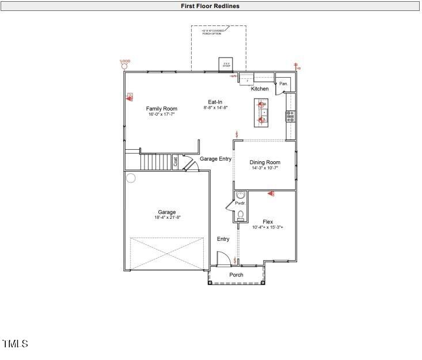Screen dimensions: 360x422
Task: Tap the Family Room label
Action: tap(161, 108)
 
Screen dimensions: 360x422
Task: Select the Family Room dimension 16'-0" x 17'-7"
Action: tap(161, 115)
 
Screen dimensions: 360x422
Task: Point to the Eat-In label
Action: tap(215, 102)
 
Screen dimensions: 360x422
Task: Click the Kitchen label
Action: tap(260, 89)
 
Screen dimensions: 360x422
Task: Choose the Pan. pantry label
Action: tap(283, 84)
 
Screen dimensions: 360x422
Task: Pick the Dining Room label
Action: tap(265, 162)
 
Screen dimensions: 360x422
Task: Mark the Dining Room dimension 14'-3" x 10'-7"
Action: tap(265, 168)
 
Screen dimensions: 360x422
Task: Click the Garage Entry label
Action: tap(215, 159)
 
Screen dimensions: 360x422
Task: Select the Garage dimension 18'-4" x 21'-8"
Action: tap(167, 218)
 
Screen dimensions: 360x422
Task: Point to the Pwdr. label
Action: tap(239, 203)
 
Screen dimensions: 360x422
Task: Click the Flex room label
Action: tap(268, 222)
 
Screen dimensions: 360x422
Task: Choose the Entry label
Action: tap(223, 239)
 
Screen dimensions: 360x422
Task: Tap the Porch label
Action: tap(236, 275)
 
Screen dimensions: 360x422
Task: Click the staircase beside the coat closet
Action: tap(157, 162)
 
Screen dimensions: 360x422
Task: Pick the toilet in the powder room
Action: tap(241, 215)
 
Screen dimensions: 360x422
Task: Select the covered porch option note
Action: tap(213, 32)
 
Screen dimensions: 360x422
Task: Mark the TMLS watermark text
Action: tap(16, 344)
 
